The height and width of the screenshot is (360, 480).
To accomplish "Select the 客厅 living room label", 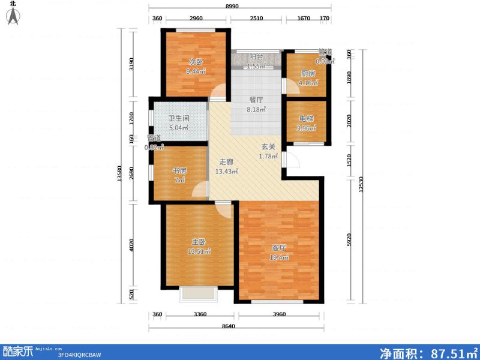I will (x=278, y=247).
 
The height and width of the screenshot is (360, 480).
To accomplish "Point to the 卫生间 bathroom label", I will (x=179, y=118).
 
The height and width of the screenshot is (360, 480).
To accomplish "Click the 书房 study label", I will (x=179, y=170).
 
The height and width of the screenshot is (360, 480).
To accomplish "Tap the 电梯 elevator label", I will (x=306, y=118).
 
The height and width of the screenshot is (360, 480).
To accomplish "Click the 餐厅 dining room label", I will (x=257, y=100).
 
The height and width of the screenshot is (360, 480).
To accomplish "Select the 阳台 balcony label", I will (x=257, y=57).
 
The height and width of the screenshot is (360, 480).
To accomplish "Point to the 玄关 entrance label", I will (x=268, y=146).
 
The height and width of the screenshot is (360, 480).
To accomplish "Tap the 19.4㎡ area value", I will (x=279, y=257).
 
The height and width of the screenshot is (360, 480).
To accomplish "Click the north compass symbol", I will (x=13, y=14).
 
